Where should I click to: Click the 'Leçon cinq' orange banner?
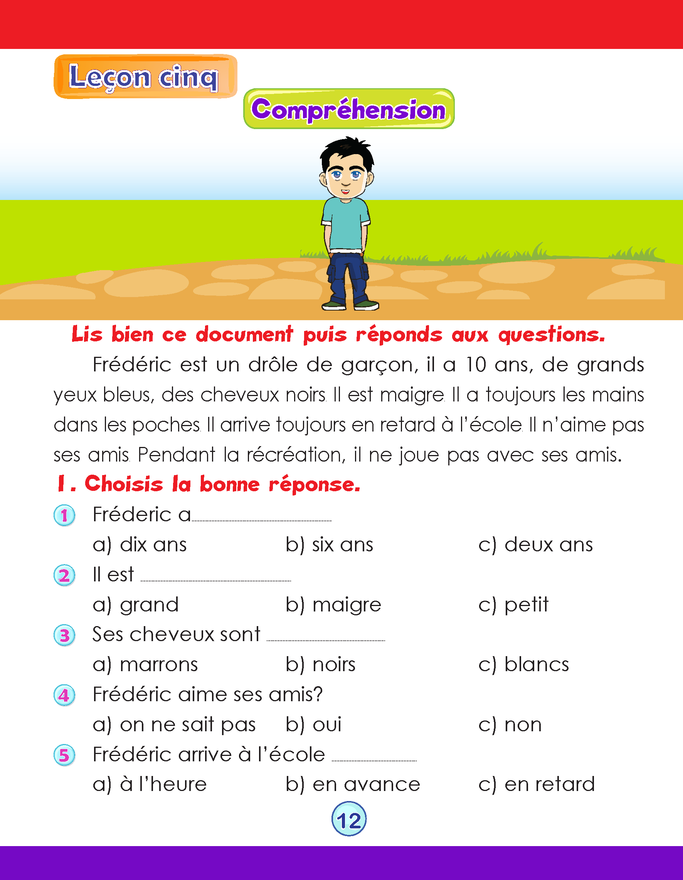tap(145, 77)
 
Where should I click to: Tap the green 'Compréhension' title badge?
tap(349, 109)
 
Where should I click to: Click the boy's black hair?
tap(347, 153)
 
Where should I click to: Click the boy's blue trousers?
tap(348, 278)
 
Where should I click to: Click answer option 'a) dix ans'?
tap(140, 545)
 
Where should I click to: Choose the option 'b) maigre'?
tap(333, 605)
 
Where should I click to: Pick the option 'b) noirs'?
tap(321, 665)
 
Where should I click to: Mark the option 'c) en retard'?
tap(536, 784)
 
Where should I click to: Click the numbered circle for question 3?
tap(64, 635)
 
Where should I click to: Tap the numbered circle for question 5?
tap(64, 755)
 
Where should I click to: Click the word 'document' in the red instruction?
tap(244, 334)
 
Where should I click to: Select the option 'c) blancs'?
tap(523, 665)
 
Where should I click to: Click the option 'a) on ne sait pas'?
tap(174, 724)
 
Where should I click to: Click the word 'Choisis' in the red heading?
tap(124, 484)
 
